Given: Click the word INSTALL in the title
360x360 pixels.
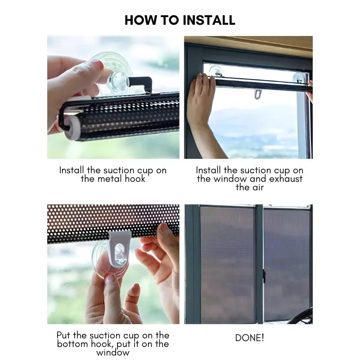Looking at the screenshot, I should coord(207,20).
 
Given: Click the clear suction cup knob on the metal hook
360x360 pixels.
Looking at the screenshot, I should coord(118,80).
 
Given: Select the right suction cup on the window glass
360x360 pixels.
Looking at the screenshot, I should coord(297,76).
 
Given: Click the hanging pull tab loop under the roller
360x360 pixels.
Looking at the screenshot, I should coord(257,94).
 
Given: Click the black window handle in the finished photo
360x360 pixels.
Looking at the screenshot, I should coord(264,276).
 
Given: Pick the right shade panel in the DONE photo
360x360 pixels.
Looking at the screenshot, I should coord(287,263).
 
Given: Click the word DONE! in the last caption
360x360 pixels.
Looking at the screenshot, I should coord(249,337).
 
